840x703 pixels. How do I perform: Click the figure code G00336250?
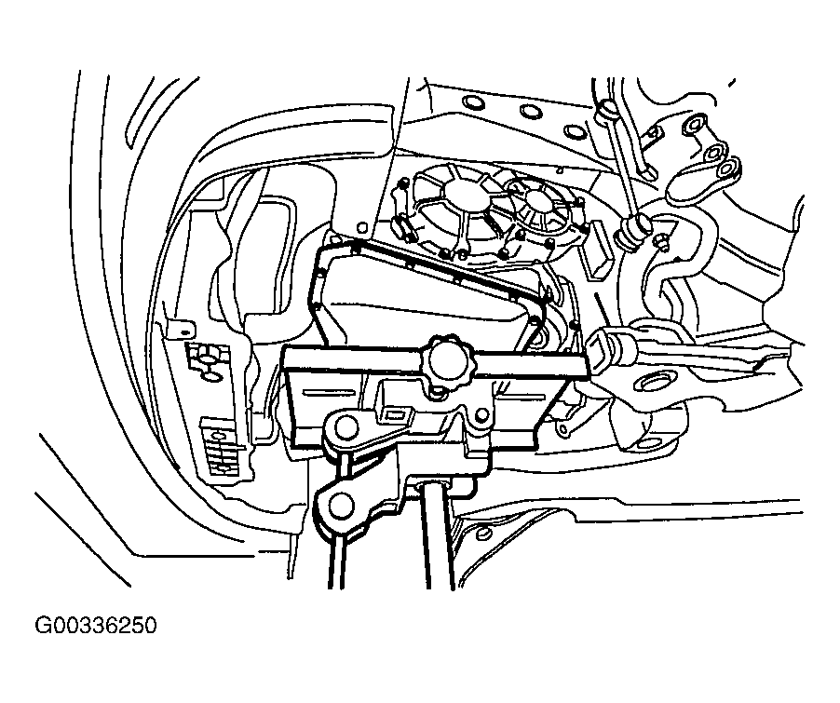click(96, 626)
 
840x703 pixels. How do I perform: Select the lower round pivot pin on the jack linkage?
click(341, 505)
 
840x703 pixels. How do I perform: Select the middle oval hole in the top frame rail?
click(531, 112)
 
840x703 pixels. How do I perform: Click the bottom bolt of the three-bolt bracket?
click(725, 170)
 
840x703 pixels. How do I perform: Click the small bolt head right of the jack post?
click(482, 533)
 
